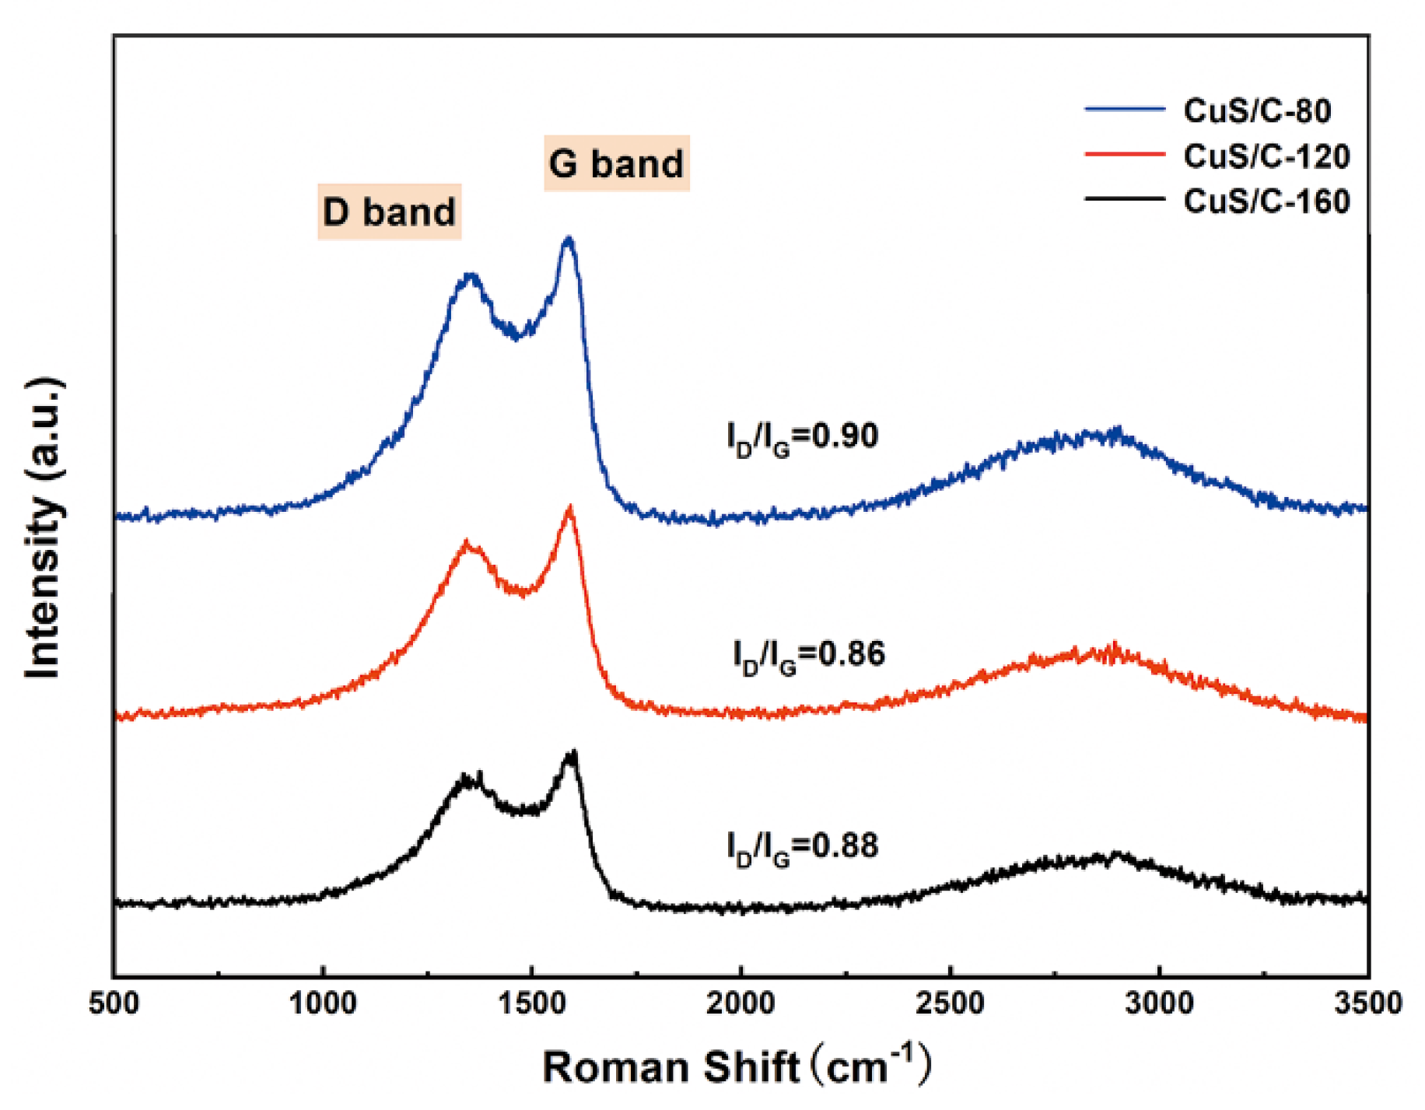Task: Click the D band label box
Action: tap(389, 212)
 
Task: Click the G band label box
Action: tap(616, 163)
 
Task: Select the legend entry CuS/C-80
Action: tap(1257, 110)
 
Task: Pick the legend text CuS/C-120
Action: tap(1266, 156)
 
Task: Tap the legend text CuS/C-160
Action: tap(1266, 201)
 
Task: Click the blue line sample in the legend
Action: tap(1124, 110)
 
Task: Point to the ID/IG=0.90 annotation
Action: tap(802, 437)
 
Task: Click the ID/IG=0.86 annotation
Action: tap(808, 656)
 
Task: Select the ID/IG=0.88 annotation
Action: tap(802, 847)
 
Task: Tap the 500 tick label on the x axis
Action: tap(114, 1003)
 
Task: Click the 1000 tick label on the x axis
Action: tap(322, 1003)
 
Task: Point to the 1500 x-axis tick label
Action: tap(531, 1003)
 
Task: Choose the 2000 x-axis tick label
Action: tap(741, 1003)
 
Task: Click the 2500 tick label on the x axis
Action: tap(950, 1003)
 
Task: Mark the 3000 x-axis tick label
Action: tap(1159, 1003)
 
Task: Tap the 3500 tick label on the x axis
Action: tap(1367, 1003)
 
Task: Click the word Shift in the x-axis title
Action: tap(751, 1067)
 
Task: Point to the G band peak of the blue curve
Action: tap(569, 240)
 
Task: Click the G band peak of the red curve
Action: tap(570, 509)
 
